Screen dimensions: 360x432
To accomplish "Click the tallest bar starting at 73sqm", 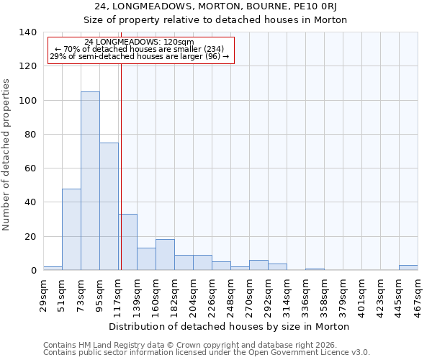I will coord(90,181).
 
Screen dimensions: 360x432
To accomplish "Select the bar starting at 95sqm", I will coord(109,206).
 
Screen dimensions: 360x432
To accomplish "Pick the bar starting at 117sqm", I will coord(128,242).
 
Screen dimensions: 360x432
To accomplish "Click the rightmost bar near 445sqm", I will coord(408,268).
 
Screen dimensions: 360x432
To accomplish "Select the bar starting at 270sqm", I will coord(258,265).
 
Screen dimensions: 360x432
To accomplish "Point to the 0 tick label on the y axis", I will coord(33,271).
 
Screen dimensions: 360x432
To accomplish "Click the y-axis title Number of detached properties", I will coord(7,151).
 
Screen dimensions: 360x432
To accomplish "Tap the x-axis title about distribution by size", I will coord(230,326).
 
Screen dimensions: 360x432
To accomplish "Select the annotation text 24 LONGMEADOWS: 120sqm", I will coord(139,42).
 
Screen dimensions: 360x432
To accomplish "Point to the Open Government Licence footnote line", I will coord(207,352).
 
